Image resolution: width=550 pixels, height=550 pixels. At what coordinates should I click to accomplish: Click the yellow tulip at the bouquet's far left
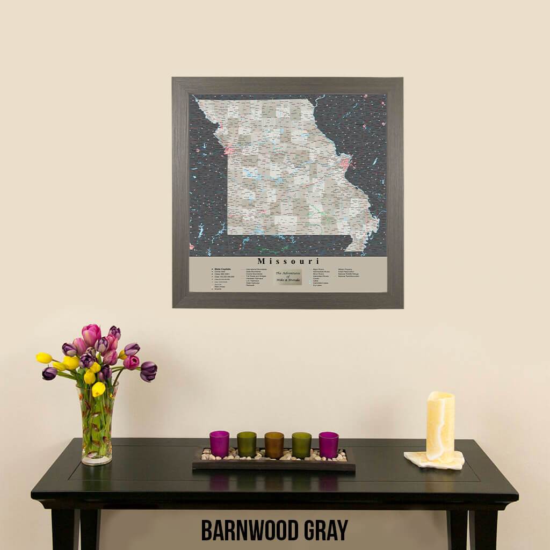tap(44, 358)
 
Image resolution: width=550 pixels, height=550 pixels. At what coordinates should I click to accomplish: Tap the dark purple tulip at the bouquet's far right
tap(148, 370)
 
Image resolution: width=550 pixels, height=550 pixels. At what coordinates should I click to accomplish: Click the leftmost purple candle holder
tap(219, 444)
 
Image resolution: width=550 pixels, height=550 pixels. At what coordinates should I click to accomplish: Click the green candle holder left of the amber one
tap(247, 444)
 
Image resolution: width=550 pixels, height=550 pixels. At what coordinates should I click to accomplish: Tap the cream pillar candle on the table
tap(440, 426)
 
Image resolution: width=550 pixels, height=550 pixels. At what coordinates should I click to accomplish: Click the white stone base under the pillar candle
tap(434, 460)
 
